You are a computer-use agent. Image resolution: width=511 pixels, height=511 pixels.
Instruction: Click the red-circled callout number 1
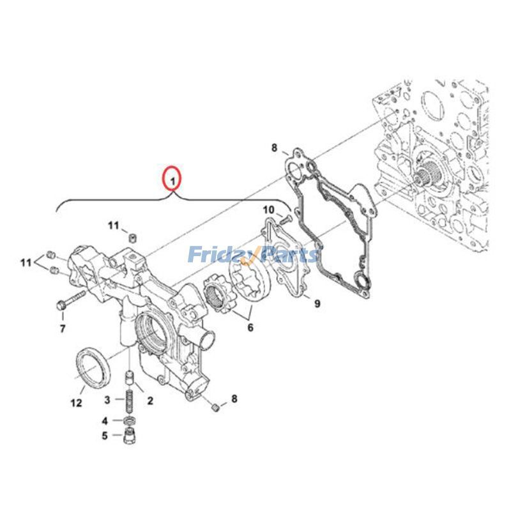tap(172, 180)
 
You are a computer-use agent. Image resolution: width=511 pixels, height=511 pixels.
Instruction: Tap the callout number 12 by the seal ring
tap(76, 403)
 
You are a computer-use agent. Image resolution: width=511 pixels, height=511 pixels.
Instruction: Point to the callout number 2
tap(150, 400)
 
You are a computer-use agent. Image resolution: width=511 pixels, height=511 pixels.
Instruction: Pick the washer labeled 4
tap(130, 420)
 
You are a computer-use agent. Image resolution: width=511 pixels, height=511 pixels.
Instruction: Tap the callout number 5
tap(105, 436)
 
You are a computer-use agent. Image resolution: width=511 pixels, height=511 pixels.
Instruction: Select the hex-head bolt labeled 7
tap(70, 300)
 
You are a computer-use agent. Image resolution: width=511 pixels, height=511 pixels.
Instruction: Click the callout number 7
tap(63, 328)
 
